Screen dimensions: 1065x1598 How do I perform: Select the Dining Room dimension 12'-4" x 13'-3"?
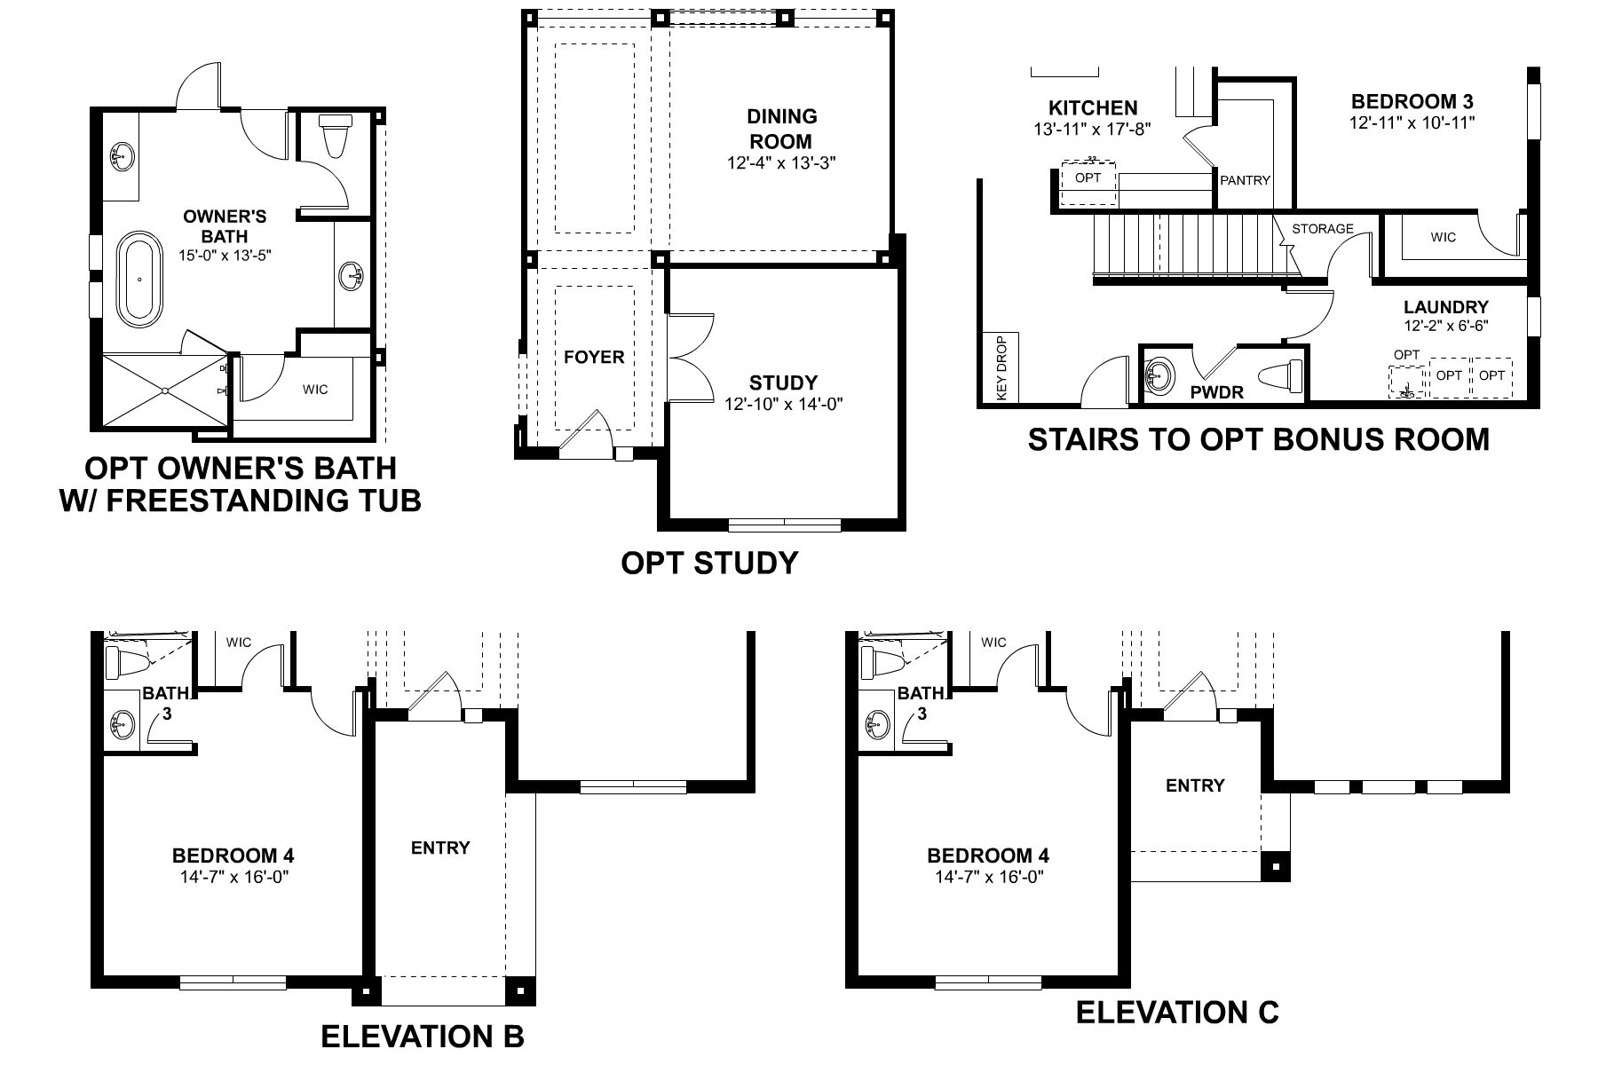(780, 163)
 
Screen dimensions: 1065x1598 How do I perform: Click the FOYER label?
(594, 357)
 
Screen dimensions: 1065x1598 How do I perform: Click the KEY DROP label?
(1002, 367)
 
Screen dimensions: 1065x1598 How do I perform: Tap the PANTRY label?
(1245, 180)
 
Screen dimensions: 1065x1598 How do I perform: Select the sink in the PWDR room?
(1159, 375)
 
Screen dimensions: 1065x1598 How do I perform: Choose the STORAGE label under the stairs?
(1322, 229)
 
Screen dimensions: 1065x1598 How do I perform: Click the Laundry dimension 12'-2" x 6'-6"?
(1445, 326)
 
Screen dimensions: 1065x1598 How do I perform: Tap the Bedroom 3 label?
(1412, 102)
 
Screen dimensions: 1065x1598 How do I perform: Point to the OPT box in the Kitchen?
(1088, 180)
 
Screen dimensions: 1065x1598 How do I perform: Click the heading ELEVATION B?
(422, 1035)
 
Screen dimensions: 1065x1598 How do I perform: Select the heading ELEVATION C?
(1177, 1011)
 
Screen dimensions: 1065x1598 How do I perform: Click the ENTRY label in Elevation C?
(1195, 785)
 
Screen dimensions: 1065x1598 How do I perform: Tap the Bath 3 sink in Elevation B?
(121, 727)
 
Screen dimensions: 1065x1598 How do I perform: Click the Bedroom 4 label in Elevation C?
(988, 856)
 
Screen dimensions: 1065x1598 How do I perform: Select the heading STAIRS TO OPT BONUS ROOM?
(1258, 439)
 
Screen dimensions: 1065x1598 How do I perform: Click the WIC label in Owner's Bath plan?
(315, 389)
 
